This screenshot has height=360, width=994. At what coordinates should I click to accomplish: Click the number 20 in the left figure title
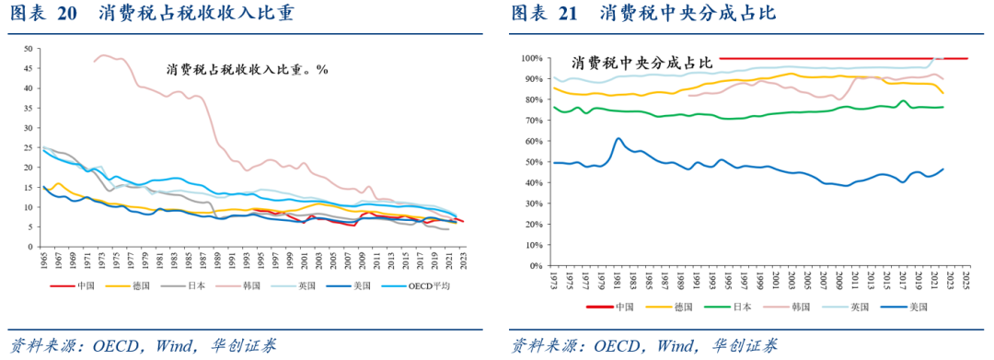point(67,14)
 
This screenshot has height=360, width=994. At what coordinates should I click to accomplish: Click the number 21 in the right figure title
point(568,14)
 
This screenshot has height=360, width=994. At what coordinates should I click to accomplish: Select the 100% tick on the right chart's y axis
point(530,58)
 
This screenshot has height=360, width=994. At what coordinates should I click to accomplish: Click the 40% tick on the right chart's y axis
point(532,182)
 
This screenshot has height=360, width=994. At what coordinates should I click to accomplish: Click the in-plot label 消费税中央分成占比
point(641,64)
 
